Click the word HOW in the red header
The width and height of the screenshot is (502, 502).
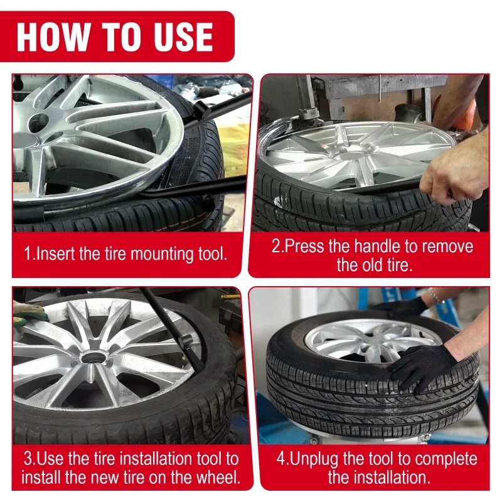[x=53, y=36]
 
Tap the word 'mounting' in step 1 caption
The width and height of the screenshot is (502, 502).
[x=162, y=254]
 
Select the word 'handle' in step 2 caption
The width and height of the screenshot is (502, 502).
[x=377, y=247]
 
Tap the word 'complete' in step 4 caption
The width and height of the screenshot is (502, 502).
[x=447, y=459]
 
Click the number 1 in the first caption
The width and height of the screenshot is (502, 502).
[x=28, y=254]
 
